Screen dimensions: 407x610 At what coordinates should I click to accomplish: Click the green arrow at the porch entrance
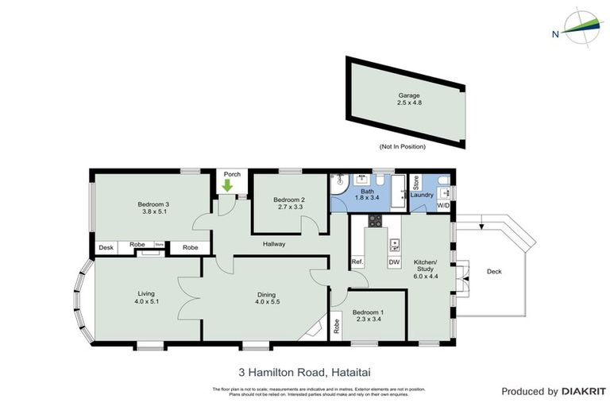(228, 186)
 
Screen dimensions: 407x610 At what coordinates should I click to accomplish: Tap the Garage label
(408, 95)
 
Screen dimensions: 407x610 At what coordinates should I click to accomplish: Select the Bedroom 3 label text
(152, 204)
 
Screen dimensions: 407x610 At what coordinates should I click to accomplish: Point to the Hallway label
(273, 244)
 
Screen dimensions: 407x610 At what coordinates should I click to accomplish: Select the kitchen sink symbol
(394, 244)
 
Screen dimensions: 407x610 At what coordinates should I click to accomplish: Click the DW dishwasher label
(393, 262)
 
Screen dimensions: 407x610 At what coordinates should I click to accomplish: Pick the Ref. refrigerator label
(357, 262)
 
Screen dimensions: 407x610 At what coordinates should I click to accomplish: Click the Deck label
(493, 272)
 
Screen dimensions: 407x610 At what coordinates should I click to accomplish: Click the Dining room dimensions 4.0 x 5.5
(267, 302)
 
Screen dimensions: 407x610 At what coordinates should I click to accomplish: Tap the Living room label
(145, 293)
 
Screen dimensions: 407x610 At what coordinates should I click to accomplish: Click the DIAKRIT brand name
(584, 391)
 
